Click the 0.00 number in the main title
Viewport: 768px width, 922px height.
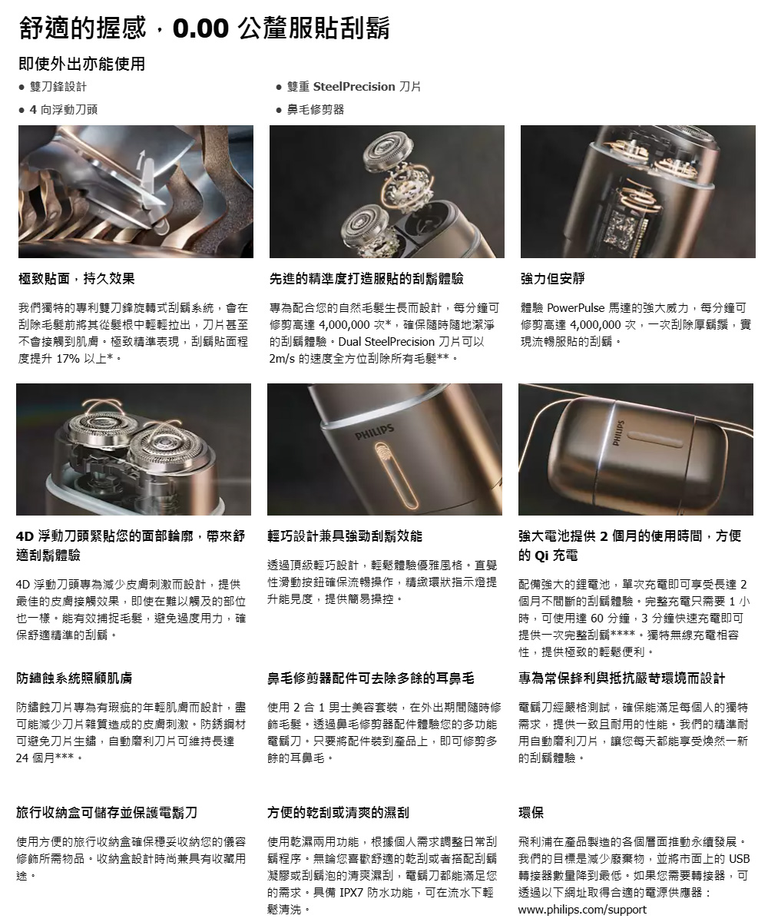[x=200, y=28]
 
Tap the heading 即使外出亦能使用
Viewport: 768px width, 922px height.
[x=81, y=64]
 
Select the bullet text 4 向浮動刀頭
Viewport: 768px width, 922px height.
[x=64, y=110]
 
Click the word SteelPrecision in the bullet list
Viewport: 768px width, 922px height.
[x=354, y=87]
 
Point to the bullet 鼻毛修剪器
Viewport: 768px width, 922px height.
[x=315, y=110]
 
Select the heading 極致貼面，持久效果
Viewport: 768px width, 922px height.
[x=76, y=278]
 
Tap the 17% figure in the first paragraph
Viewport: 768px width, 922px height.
[x=68, y=358]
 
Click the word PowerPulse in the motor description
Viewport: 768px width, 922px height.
[x=575, y=307]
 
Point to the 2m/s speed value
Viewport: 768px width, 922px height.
[x=282, y=358]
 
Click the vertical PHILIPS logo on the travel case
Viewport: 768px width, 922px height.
[x=618, y=433]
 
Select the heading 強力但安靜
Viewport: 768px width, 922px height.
[x=553, y=278]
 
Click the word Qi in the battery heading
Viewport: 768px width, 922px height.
[x=541, y=555]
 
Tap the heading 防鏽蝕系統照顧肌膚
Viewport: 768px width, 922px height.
[x=74, y=678]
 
